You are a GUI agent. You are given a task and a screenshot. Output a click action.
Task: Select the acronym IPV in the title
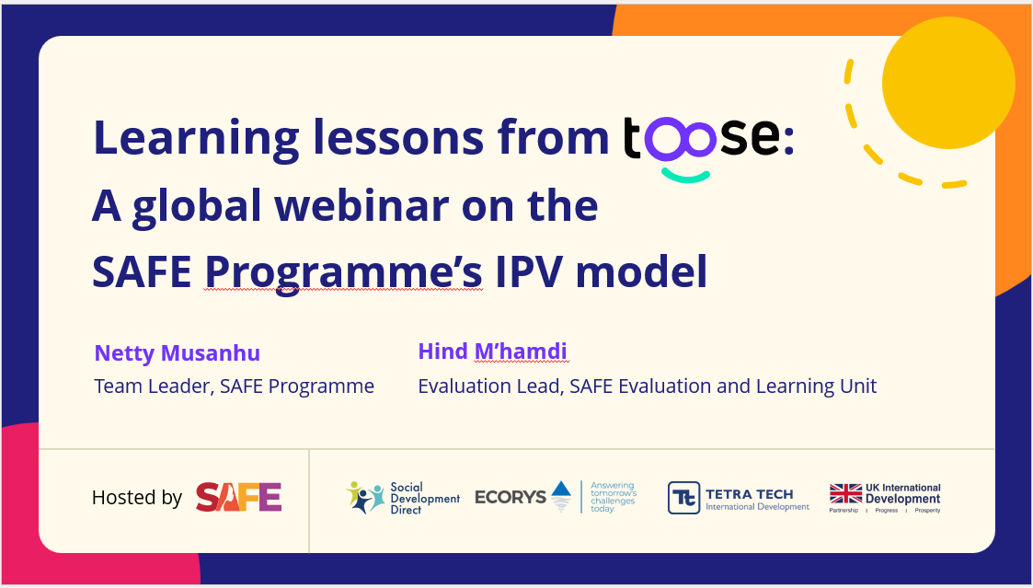[x=529, y=271]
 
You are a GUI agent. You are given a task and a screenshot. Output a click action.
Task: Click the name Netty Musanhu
[x=178, y=352]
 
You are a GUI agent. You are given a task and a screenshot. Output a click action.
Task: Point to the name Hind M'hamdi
[x=492, y=352]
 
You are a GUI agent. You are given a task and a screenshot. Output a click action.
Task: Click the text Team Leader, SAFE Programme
[x=234, y=386]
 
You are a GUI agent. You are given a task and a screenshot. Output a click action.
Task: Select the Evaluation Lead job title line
[x=647, y=386]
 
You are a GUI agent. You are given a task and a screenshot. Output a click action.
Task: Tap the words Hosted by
[x=136, y=497]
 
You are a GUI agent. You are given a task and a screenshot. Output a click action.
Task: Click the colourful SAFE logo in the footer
[x=238, y=497]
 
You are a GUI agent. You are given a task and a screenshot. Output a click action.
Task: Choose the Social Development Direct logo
[x=403, y=498]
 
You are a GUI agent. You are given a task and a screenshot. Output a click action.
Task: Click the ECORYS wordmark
[x=511, y=496]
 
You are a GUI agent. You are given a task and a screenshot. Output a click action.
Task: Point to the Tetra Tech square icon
[x=683, y=498]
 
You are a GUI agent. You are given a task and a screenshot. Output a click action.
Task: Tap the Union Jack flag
[x=845, y=494]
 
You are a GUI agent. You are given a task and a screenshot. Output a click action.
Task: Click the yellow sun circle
[x=948, y=83]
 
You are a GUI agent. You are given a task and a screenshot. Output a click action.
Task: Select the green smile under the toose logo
[x=686, y=176]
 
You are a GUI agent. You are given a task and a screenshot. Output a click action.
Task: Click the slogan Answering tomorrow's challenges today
[x=613, y=497]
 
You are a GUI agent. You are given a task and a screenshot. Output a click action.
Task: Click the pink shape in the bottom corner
[x=98, y=514]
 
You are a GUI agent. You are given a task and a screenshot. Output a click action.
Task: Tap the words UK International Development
[x=902, y=494]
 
